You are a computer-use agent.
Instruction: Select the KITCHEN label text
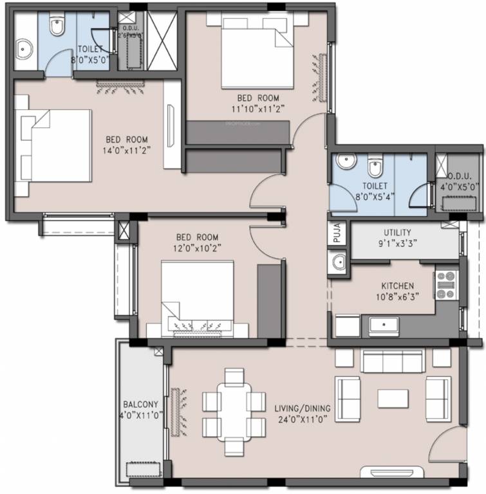[x=397, y=286]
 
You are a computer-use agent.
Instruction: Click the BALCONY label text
[x=141, y=404]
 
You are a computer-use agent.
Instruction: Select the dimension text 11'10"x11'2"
[x=258, y=109]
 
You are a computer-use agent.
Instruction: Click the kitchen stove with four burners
[x=445, y=285]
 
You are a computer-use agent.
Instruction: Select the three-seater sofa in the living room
[x=391, y=361]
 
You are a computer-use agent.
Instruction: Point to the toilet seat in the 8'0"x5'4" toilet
[x=375, y=169]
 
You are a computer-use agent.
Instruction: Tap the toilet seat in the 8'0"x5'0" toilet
[x=57, y=27]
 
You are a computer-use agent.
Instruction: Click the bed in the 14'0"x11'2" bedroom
[x=55, y=147]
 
